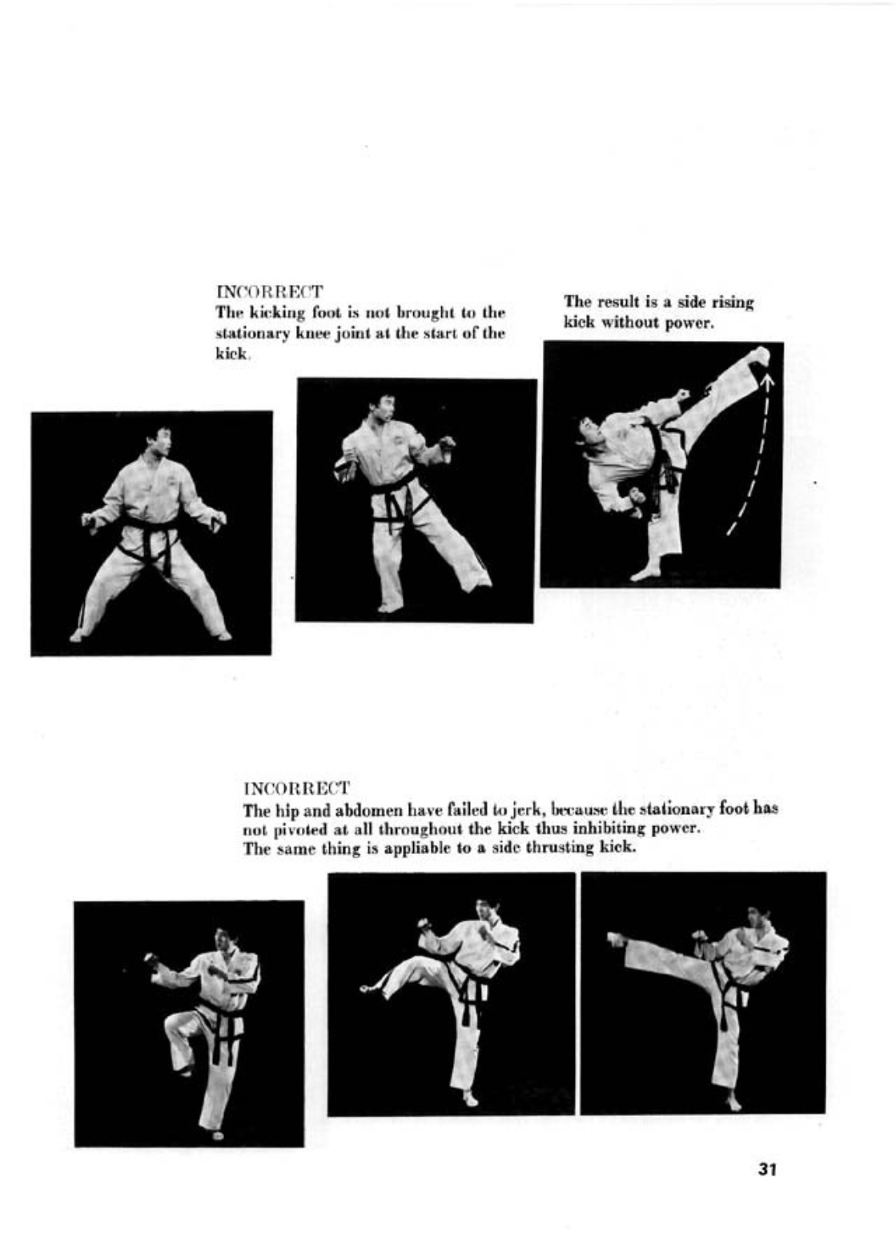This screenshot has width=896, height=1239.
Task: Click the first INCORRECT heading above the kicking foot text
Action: click(270, 291)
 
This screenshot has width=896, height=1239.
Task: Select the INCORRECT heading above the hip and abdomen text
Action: click(297, 786)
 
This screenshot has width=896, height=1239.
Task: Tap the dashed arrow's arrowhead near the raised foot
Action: click(767, 379)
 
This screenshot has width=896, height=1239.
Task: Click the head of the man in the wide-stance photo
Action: click(159, 443)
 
